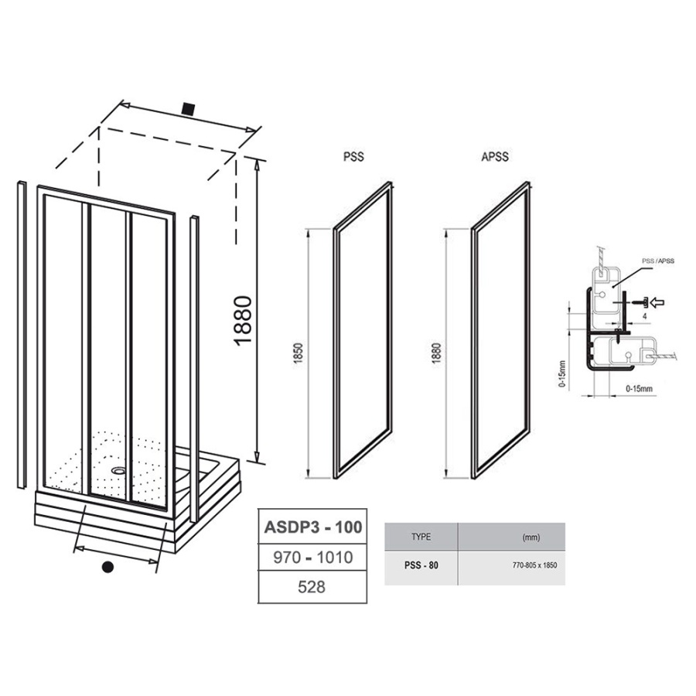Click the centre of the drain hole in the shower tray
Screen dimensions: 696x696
pyautogui.click(x=119, y=470)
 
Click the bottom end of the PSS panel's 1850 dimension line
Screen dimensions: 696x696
pyautogui.click(x=308, y=478)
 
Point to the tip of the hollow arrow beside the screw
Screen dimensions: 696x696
pyautogui.click(x=650, y=302)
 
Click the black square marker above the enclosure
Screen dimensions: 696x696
pyautogui.click(x=189, y=109)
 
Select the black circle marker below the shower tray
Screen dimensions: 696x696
pyautogui.click(x=107, y=567)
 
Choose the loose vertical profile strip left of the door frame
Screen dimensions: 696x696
pyautogui.click(x=22, y=335)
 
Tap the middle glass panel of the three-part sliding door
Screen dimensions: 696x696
pyautogui.click(x=107, y=349)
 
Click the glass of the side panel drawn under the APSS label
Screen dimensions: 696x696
pyautogui.click(x=501, y=329)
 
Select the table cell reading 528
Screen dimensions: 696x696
pyautogui.click(x=312, y=587)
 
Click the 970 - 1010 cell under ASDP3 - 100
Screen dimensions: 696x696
pyautogui.click(x=312, y=557)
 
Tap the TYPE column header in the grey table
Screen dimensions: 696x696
pyautogui.click(x=421, y=537)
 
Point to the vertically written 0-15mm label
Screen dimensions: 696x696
pyautogui.click(x=563, y=374)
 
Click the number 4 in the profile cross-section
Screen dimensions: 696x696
pyautogui.click(x=644, y=316)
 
